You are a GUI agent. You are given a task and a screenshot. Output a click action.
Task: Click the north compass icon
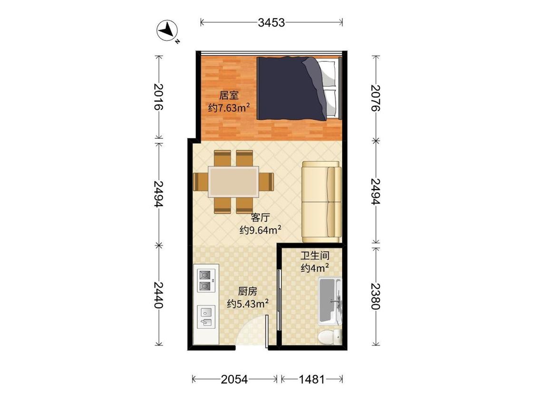pos(167,31)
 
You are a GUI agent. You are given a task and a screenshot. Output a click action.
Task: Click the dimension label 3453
pos(271,22)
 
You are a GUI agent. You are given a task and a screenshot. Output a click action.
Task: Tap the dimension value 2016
pos(158,97)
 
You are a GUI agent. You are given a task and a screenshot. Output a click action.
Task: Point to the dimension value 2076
pos(375,98)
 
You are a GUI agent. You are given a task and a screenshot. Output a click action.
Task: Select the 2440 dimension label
pos(158,295)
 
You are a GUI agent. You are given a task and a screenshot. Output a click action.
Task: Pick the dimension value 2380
pos(375,296)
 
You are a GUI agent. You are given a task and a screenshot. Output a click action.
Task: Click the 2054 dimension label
pos(234,379)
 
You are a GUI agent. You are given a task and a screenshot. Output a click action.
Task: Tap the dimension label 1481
pos(311,379)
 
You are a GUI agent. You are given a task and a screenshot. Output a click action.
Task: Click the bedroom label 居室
pos(229,95)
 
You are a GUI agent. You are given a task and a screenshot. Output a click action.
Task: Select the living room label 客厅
pos(260,217)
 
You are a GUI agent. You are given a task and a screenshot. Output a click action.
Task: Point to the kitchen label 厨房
pos(247,292)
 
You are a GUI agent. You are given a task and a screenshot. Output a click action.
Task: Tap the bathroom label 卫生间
pos(315,256)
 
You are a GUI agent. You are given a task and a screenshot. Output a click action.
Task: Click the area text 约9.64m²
pos(260,230)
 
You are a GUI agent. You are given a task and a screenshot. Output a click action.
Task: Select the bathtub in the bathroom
pos(330,301)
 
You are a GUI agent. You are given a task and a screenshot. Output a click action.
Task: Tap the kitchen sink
pos(206,317)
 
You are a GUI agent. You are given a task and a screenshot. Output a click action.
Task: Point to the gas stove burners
pos(206,280)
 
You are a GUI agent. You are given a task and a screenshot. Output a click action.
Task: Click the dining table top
pos(233,181)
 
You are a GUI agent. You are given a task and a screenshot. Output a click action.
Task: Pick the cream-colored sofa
pos(322,202)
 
